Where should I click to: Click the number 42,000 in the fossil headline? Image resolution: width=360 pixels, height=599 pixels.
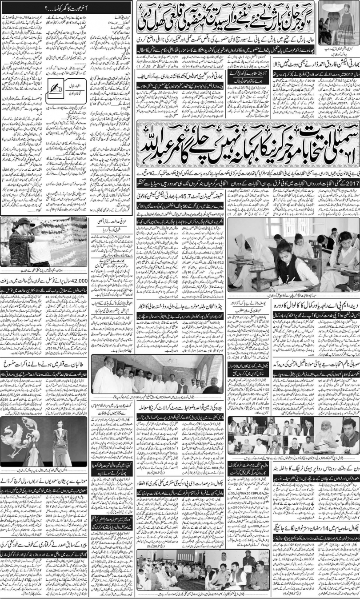pos(79,281)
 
